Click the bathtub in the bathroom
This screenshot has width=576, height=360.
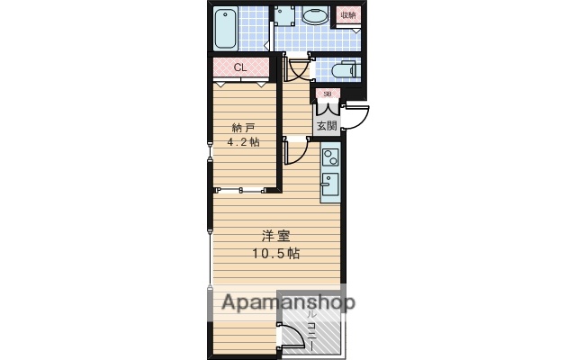point(226,28)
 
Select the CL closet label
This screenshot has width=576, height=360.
point(240,67)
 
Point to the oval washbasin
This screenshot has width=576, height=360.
point(315,16)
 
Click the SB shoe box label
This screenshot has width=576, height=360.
point(327,93)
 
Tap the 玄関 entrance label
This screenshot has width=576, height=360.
point(326,124)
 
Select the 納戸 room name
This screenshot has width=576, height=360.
point(244,127)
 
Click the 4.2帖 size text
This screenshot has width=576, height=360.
point(244,142)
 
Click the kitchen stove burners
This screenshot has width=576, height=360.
point(329,157)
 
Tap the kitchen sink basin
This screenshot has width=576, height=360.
point(329,187)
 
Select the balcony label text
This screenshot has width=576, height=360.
point(311,328)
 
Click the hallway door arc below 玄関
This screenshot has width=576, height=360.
point(295,151)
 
